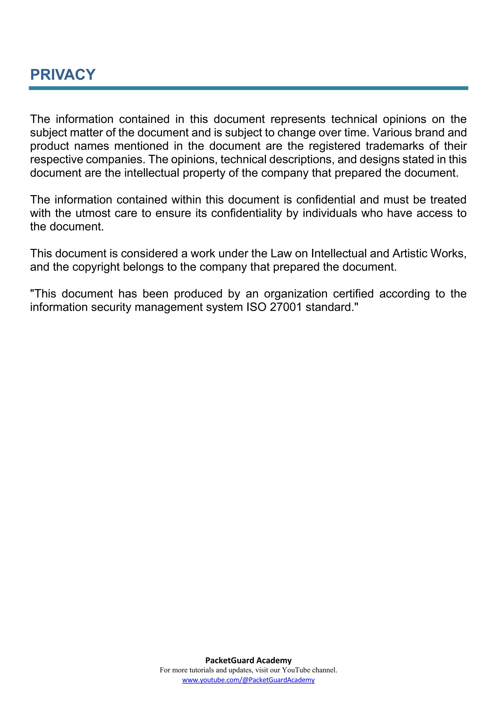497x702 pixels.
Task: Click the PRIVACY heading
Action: pos(63,75)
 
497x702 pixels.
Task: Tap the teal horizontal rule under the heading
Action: pos(248,88)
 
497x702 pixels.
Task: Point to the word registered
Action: pos(334,146)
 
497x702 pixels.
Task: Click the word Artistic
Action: pos(409,254)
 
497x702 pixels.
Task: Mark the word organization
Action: pos(296,294)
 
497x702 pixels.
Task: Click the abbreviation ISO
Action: pos(256,307)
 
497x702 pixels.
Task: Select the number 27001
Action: pos(286,307)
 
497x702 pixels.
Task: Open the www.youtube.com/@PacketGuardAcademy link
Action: pos(248,680)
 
